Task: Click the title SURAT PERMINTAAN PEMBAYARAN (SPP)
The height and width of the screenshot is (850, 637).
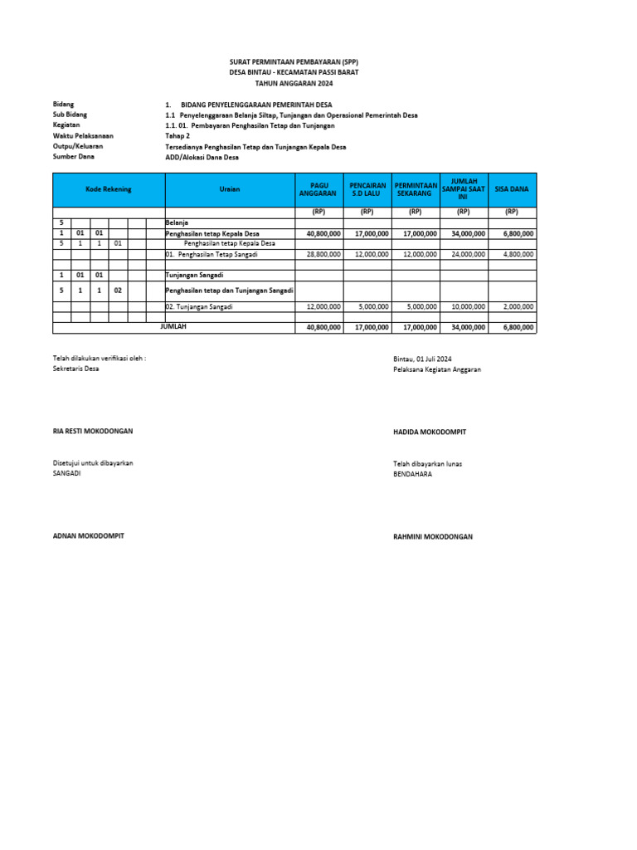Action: pos(294,62)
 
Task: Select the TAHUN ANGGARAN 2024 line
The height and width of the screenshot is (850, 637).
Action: pos(294,84)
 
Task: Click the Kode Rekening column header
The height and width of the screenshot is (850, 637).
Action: pos(108,190)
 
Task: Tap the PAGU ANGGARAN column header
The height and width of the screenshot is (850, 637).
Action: pos(318,190)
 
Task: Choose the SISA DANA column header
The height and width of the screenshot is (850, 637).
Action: pos(512,190)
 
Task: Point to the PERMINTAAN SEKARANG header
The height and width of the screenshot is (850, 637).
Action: pos(416,190)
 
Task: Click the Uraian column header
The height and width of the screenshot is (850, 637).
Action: pos(230,190)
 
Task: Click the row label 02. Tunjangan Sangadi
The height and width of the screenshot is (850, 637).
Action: pos(199,306)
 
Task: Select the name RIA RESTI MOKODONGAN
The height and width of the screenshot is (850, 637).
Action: pos(93,432)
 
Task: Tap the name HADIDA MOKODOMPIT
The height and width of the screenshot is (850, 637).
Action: pos(430,432)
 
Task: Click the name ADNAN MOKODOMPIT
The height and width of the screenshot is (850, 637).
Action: pos(88,536)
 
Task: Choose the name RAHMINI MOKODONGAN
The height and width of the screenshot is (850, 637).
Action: pos(433,537)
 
